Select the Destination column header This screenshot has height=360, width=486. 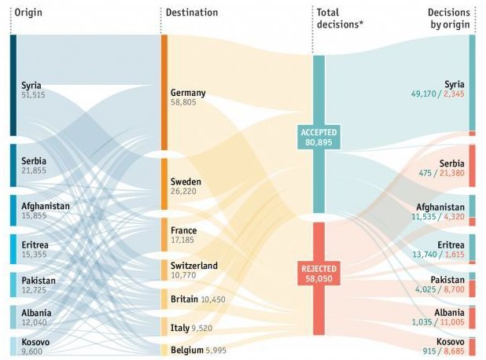pyautogui.click(x=193, y=13)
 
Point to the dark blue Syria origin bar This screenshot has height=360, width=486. pyautogui.click(x=13, y=85)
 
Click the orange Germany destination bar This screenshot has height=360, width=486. pyautogui.click(x=164, y=92)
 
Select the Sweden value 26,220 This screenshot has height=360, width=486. pyautogui.click(x=184, y=191)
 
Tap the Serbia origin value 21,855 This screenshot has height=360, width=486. pyautogui.click(x=35, y=171)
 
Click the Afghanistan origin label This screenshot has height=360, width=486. pyautogui.click(x=46, y=206)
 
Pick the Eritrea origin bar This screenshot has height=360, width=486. pyautogui.click(x=13, y=248)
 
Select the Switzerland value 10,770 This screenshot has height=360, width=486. pyautogui.click(x=185, y=276)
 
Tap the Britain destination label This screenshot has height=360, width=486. pyautogui.click(x=184, y=299)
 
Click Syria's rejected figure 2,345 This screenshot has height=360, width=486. pyautogui.click(x=451, y=94)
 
